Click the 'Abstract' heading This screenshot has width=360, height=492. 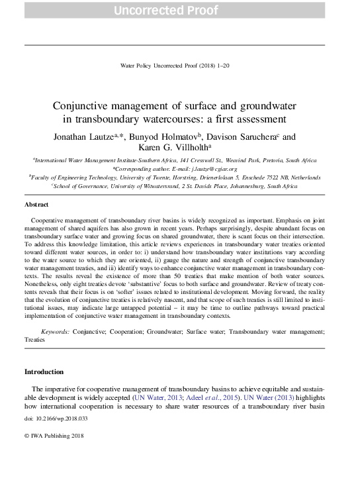pyautogui.click(x=36, y=205)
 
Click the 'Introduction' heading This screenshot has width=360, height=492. pyautogui.click(x=44, y=371)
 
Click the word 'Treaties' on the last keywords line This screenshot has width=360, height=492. pyautogui.click(x=34, y=339)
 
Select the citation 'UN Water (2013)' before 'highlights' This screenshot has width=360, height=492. pyautogui.click(x=265, y=398)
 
